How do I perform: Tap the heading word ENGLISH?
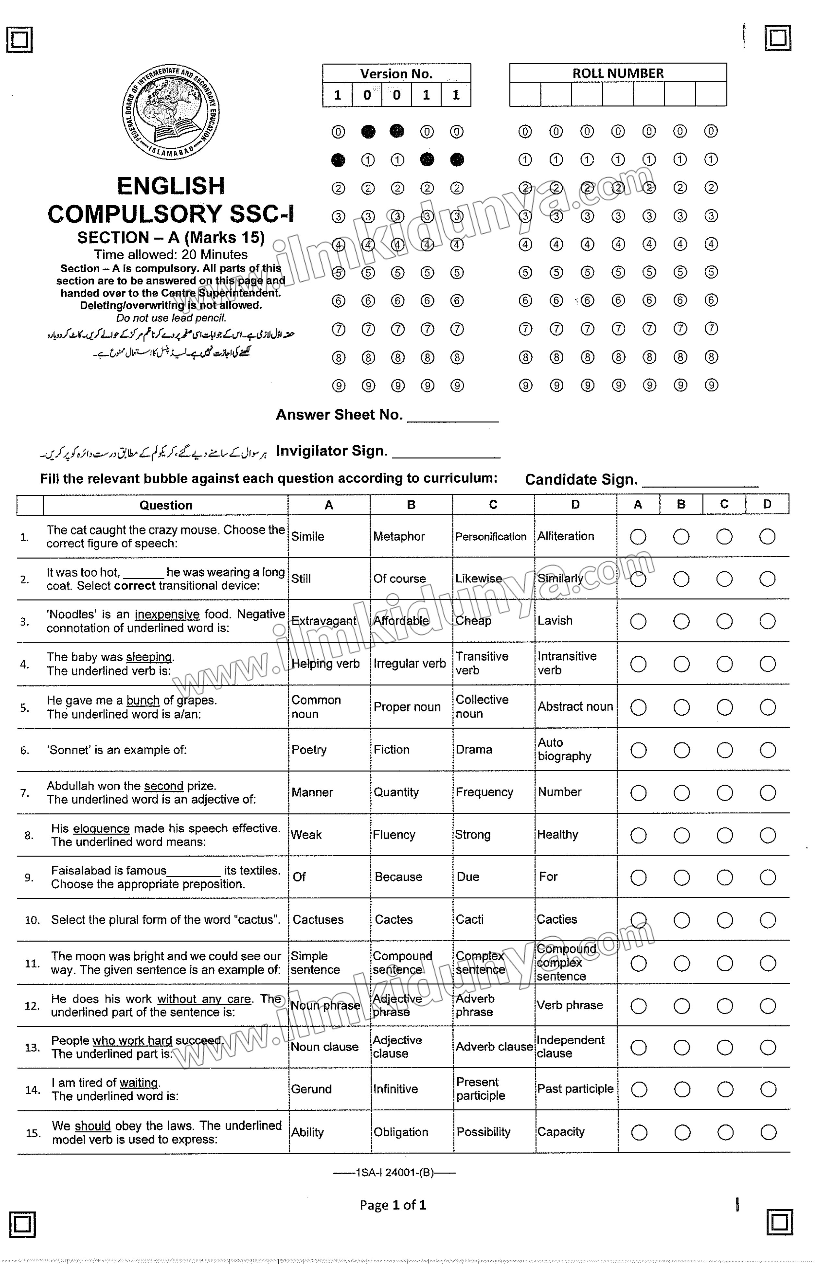(x=171, y=186)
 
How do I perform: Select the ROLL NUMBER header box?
(x=617, y=73)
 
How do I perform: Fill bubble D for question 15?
(x=768, y=1132)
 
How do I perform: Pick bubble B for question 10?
(x=681, y=920)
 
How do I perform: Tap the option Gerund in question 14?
(x=311, y=1089)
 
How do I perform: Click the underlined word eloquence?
(x=101, y=828)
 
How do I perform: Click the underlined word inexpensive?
(x=167, y=614)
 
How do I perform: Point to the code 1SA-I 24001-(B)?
(x=394, y=1172)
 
